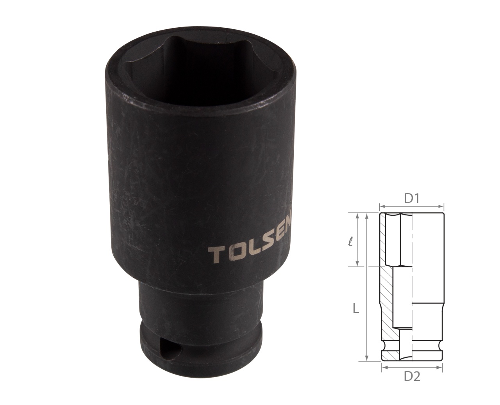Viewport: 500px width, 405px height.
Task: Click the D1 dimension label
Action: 411,199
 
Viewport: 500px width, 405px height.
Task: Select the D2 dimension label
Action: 412,377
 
